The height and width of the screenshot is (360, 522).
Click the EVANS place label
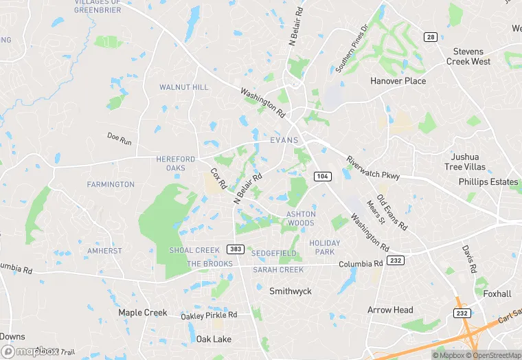pos(284,140)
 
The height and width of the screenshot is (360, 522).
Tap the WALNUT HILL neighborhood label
pos(183,87)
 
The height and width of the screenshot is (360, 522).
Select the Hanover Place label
pos(398,80)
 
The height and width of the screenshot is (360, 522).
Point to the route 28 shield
pos(431,36)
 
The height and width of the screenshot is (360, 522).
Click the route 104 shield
pos(322,177)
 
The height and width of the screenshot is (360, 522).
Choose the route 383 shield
pos(234,249)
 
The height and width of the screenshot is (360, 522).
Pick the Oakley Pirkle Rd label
pos(209,315)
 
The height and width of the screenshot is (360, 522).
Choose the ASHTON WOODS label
pos(301,218)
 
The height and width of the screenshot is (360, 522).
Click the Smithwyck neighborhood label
pos(290,291)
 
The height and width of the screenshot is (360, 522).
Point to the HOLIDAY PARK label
pos(324,247)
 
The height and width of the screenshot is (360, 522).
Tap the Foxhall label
pos(497,294)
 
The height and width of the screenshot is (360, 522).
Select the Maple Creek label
pos(142,313)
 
